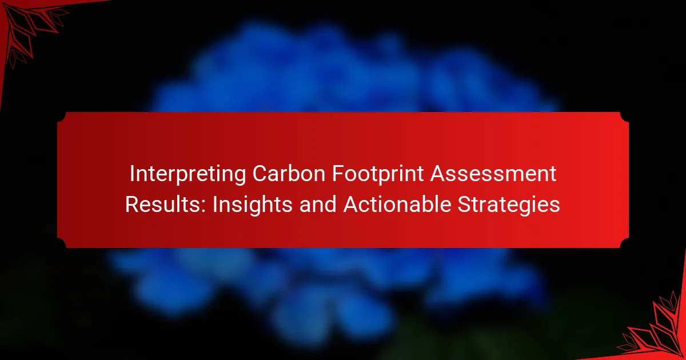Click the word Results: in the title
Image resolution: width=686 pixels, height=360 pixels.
pos(165,204)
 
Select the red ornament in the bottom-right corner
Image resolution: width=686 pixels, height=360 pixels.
pos(657,331)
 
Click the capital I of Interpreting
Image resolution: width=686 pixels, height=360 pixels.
pos(132,174)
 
